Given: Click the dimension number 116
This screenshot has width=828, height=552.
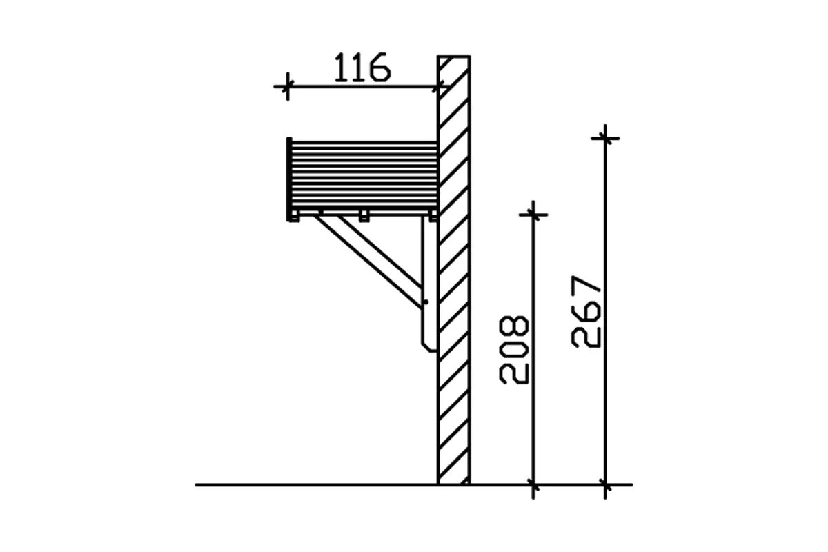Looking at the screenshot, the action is tap(362, 68).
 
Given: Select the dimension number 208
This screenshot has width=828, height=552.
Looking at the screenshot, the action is tap(514, 350).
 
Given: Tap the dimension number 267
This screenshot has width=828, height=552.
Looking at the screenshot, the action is tap(586, 312).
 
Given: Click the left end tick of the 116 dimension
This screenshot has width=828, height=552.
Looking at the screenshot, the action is tap(287, 87).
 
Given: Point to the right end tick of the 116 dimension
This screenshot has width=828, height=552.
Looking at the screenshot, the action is tap(438, 87).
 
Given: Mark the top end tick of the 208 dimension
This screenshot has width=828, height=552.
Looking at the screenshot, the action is tap(533, 215).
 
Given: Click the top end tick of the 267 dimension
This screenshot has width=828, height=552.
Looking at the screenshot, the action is tap(605, 139).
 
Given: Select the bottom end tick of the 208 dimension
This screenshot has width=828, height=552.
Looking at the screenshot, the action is tap(533, 484).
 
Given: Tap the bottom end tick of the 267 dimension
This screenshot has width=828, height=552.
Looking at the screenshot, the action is tap(605, 484).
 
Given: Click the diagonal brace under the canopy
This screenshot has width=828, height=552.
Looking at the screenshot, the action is tap(368, 262).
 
